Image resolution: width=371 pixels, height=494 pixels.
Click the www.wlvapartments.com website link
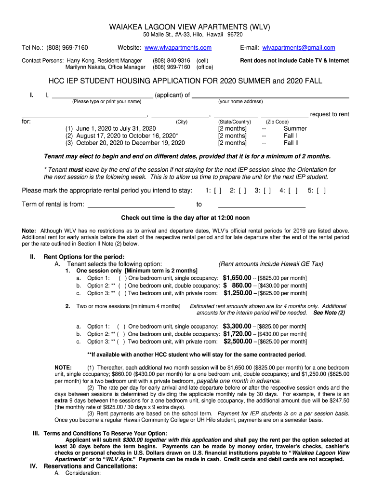click(178, 48)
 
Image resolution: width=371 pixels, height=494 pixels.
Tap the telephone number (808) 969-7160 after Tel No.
click(67, 48)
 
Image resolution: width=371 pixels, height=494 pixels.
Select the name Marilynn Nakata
click(85, 67)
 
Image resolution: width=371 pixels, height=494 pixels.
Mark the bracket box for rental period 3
click(267, 191)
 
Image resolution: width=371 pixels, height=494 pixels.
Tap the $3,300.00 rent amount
click(237, 327)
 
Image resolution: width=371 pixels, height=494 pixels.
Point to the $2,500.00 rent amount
click(238, 342)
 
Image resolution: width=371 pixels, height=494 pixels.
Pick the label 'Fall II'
click(291, 143)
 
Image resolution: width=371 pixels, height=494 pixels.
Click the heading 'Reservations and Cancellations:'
click(90, 467)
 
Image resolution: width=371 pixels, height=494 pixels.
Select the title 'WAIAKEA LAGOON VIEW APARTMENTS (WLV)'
click(185, 27)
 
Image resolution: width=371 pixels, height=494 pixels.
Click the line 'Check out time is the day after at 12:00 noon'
click(185, 218)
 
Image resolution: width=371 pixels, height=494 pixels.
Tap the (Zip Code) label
click(278, 122)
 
